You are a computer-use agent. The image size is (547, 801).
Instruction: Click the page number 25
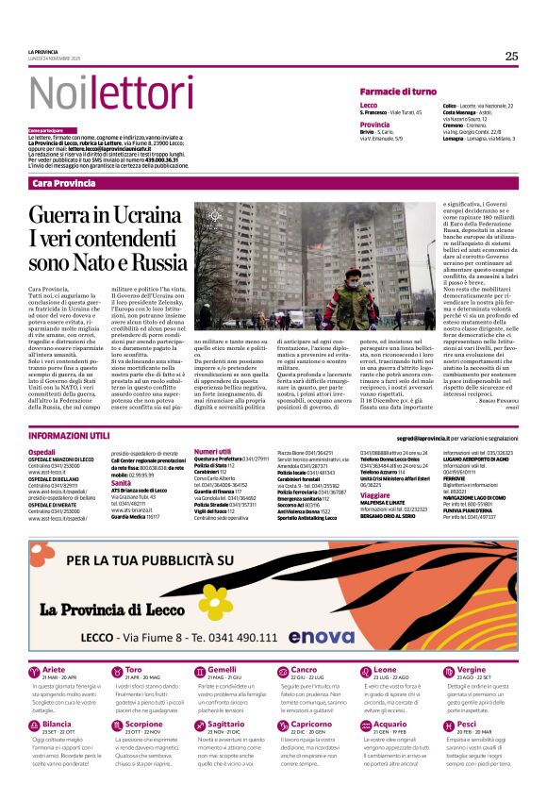511,56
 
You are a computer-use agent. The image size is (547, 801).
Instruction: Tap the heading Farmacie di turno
398,91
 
